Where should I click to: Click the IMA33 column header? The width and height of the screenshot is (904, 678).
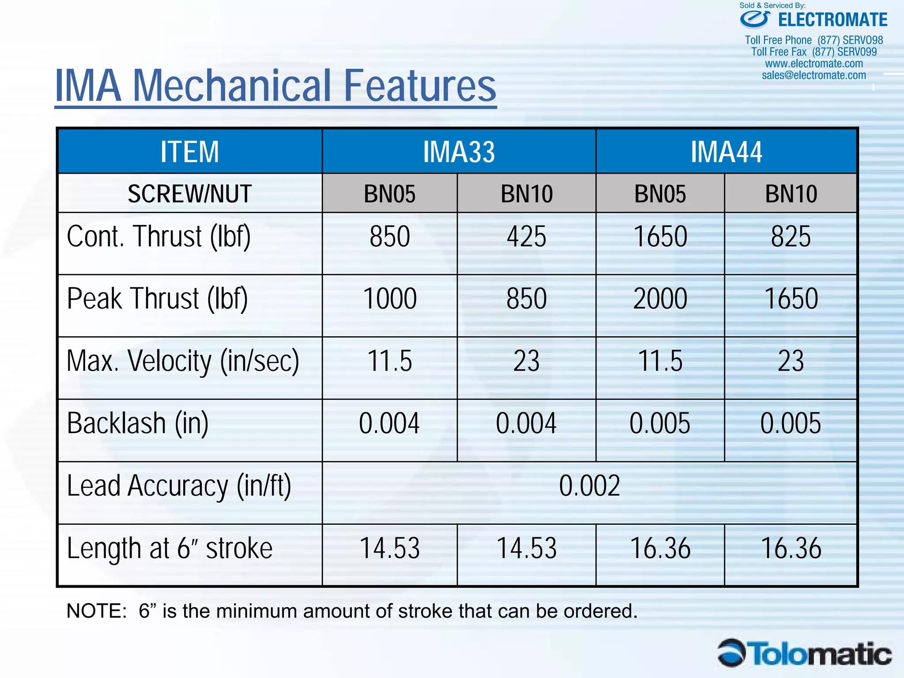[x=459, y=152]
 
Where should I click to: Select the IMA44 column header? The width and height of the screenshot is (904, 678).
[x=726, y=152]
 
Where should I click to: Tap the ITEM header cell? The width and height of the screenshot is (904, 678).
[x=189, y=152]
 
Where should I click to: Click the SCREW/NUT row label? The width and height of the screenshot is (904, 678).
[x=189, y=194]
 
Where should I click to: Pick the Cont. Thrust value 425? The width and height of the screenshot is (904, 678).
[x=526, y=237]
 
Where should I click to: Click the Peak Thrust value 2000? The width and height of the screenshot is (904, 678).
[x=660, y=299]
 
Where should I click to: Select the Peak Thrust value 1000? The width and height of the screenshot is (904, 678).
[x=390, y=299]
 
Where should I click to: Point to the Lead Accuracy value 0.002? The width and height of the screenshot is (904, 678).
[x=589, y=486]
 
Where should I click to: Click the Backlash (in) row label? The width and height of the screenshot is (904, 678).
[x=138, y=423]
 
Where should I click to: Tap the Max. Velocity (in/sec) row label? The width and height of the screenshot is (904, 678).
[x=183, y=361]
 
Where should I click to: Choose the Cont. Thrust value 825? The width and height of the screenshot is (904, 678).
[x=791, y=237]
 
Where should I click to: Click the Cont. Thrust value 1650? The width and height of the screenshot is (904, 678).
[x=660, y=237]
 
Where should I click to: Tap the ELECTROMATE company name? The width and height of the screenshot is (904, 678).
[x=832, y=20]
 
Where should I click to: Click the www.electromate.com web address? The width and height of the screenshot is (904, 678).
[x=814, y=64]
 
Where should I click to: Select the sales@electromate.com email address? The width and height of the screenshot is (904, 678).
[x=814, y=75]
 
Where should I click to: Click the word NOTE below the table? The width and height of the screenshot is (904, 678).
[x=96, y=611]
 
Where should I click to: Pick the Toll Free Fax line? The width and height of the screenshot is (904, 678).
[x=814, y=52]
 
